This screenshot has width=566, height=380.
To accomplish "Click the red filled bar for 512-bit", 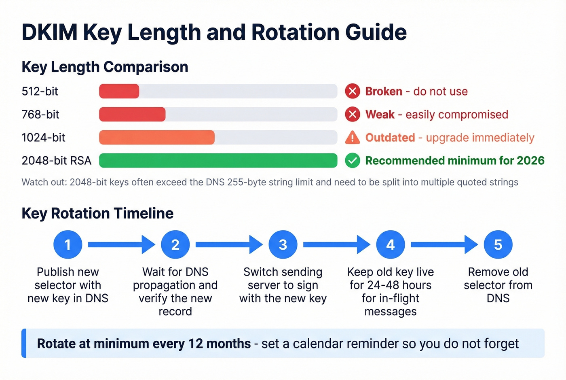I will pos(119,91).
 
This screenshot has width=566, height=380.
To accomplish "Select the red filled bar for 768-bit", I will pos(132,115).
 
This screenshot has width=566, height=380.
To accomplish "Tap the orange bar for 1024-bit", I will pos(157,138).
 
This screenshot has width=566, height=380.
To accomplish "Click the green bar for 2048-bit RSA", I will pos(218,161).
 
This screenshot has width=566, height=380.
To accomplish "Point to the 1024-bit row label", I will pos(43,138).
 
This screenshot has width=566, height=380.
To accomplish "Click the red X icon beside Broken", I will pos(353,91).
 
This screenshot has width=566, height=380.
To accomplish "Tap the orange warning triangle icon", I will pos(353,138).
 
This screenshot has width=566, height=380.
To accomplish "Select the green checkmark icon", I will pos(353,161).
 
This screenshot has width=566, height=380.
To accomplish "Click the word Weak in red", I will pos(380,115).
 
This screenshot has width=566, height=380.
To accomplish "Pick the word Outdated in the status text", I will pos(390,138).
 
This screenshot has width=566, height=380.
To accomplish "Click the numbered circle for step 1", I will pos(68,245).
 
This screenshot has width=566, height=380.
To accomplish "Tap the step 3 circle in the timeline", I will pos(283,245).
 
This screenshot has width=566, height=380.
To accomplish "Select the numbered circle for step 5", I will pos(498,245).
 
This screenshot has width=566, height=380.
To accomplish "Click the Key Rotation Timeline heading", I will pos(97,213).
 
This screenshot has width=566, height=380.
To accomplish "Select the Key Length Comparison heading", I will pos(105,67).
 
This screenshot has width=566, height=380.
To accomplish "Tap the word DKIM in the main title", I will pos(49,32).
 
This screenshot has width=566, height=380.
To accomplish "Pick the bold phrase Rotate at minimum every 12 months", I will pos(144,344).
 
